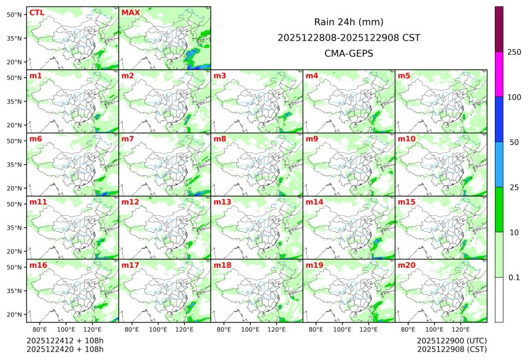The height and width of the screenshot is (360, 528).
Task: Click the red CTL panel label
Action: (x=37, y=12)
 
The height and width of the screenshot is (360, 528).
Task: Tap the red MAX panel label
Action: (x=131, y=12)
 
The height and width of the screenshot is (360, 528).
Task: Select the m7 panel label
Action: (x=128, y=139)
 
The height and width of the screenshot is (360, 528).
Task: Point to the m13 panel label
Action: (x=222, y=202)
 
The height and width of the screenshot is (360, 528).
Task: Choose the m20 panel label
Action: (x=406, y=265)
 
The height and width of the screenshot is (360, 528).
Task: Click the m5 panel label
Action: (x=404, y=76)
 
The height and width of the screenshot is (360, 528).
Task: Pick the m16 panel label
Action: (x=38, y=265)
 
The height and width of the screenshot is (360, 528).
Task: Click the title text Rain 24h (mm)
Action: (x=349, y=22)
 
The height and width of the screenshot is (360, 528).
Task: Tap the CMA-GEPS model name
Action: (x=349, y=53)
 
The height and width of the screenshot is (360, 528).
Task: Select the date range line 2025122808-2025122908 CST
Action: (x=349, y=37)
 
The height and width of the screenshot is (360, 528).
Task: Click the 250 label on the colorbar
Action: (x=514, y=52)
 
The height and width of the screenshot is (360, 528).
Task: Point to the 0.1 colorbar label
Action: (x=514, y=277)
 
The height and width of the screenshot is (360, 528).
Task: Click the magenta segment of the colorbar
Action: (x=499, y=74)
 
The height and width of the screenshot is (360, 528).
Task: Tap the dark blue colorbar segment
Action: (x=499, y=119)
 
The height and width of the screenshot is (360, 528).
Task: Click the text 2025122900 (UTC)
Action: (x=451, y=340)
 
